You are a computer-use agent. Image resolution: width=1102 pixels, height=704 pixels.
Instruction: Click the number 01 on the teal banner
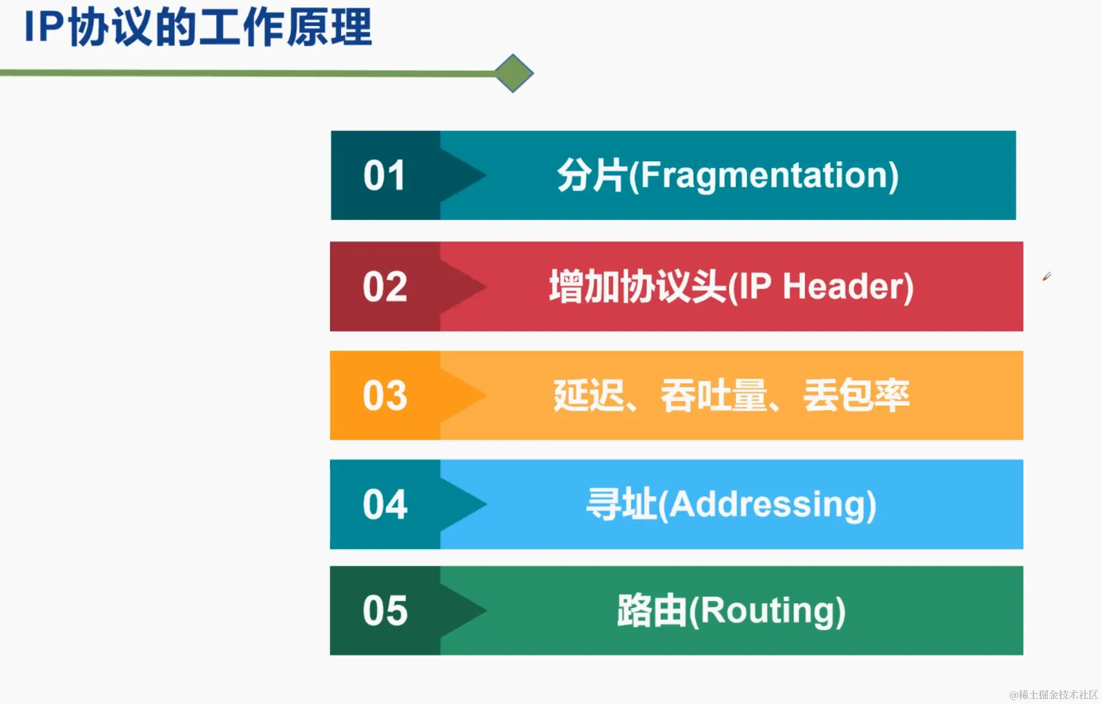384,176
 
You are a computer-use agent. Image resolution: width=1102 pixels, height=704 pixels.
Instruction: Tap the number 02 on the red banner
385,287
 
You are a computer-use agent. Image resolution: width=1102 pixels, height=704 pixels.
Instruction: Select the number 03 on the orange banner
385,396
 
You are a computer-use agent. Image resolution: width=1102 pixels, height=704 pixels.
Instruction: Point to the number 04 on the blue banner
385,504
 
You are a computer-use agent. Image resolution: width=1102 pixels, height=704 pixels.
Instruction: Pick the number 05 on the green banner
385,610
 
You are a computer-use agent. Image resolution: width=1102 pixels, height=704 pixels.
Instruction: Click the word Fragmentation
764,176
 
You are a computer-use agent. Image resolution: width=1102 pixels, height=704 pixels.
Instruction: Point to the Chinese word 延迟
589,395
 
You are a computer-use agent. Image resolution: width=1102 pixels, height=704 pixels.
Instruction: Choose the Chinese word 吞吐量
714,395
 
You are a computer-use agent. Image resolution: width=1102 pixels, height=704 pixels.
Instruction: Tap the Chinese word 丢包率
856,395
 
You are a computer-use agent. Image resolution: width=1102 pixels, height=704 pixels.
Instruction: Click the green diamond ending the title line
513,73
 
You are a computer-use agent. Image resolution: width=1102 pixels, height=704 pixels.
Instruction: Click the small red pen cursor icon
1047,276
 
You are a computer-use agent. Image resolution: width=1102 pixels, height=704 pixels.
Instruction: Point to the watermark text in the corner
1054,695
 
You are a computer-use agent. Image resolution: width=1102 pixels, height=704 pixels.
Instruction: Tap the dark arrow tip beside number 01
485,176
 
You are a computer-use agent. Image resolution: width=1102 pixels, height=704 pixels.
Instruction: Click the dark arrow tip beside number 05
485,610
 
